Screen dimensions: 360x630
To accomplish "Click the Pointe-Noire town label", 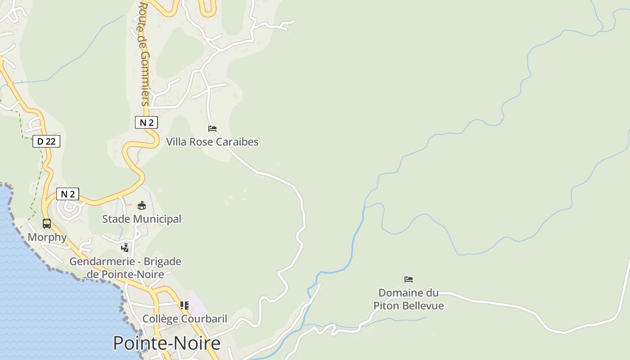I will click(x=166, y=343).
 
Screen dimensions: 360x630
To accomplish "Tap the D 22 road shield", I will click(x=46, y=141).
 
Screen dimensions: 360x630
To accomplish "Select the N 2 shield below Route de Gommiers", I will click(x=146, y=122).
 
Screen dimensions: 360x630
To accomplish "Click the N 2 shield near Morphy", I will click(x=67, y=194).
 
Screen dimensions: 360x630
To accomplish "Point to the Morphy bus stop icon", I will click(x=47, y=223).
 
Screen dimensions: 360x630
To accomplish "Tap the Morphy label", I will click(x=47, y=237).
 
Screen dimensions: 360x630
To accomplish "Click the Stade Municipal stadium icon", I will click(x=142, y=206).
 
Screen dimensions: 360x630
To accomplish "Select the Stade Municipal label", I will click(x=142, y=219).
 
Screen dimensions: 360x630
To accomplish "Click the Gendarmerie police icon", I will click(x=125, y=247).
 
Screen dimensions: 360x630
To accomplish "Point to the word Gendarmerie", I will click(x=102, y=261).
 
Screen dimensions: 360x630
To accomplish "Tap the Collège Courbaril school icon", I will click(x=184, y=306).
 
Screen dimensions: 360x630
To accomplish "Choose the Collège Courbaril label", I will click(x=184, y=319).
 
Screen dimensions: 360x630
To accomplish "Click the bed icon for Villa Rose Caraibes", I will click(x=212, y=129).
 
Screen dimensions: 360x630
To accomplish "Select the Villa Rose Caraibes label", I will click(x=212, y=142).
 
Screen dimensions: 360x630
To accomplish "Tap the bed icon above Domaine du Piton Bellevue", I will click(x=409, y=279).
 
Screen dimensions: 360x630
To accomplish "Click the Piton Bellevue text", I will click(x=409, y=306).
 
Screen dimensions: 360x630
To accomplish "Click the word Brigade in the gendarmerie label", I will click(x=162, y=261).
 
